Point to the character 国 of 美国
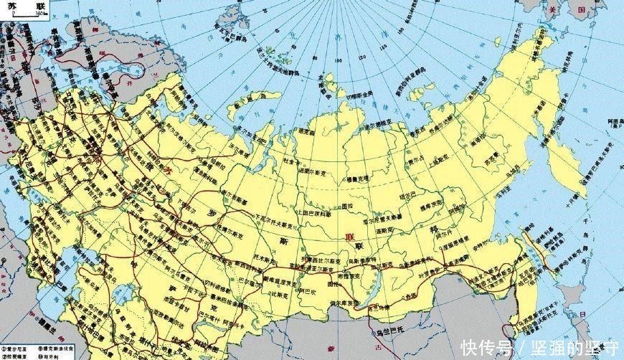pyautogui.click(x=582, y=11)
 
